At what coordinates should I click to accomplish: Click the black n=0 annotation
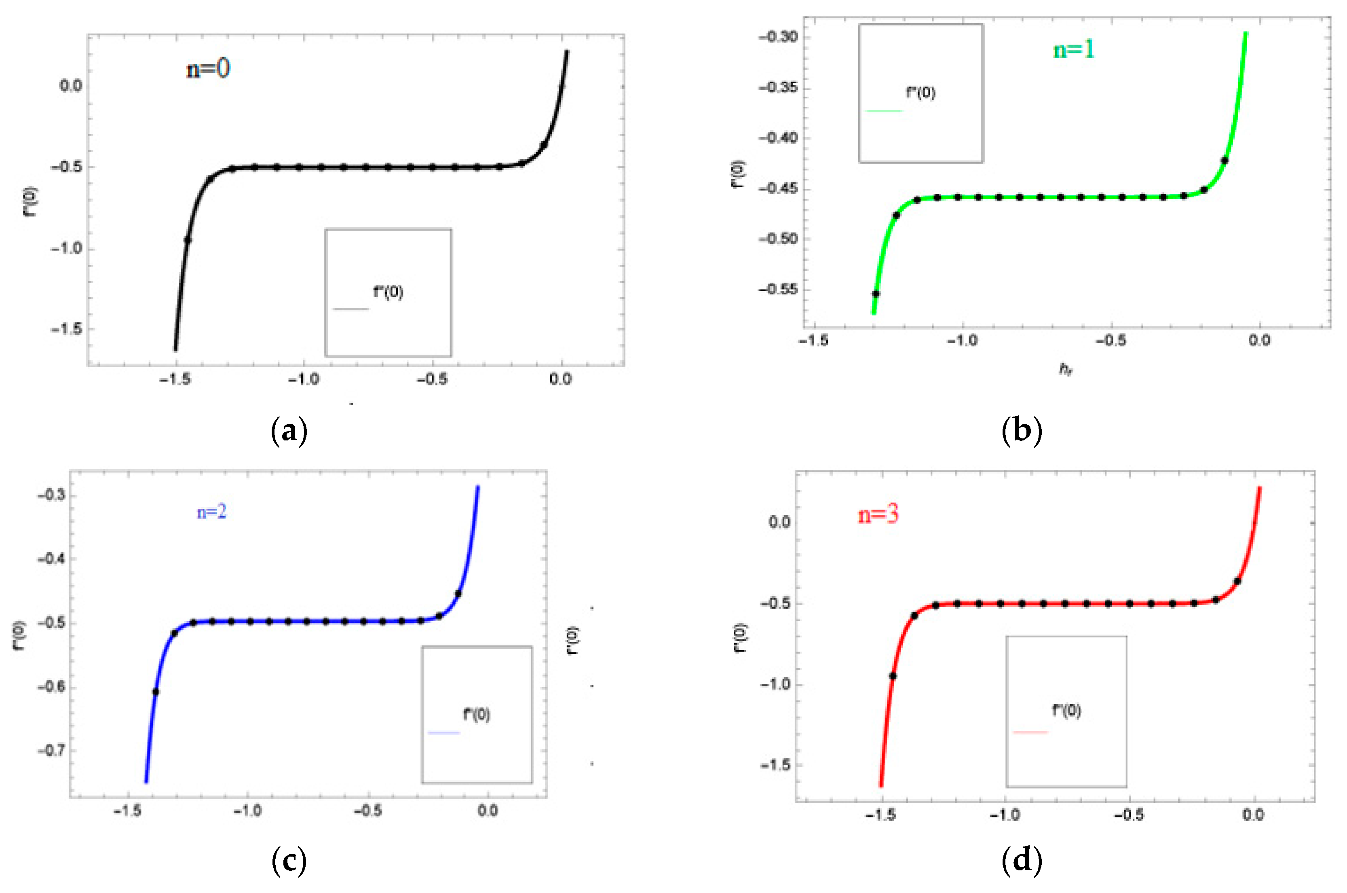tap(208, 69)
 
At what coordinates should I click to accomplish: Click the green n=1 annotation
tap(1074, 50)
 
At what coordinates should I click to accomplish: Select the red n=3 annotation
tap(878, 515)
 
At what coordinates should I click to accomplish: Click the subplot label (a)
tap(289, 431)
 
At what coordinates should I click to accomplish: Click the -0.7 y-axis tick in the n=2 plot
tap(51, 750)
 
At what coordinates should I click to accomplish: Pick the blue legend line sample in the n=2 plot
tap(443, 733)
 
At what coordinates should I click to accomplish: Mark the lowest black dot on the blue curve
tap(155, 692)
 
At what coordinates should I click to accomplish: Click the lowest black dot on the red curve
tap(893, 676)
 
